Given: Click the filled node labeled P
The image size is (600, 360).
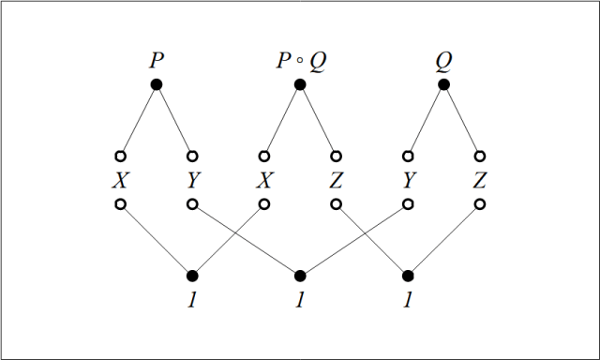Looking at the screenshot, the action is [157, 84].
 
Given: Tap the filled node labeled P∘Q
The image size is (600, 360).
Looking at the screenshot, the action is [300, 84].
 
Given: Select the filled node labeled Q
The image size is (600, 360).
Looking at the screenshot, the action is [443, 84].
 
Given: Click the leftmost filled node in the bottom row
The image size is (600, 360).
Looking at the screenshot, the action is [192, 276].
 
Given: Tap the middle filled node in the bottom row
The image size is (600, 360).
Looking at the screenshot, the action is [300, 276].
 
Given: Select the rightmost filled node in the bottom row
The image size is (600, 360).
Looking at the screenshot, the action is [408, 276].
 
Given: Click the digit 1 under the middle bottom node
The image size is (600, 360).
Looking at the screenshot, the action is [300, 301].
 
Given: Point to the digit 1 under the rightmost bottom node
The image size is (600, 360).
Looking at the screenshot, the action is [408, 301].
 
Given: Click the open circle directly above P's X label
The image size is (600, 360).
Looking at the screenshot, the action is [120, 156].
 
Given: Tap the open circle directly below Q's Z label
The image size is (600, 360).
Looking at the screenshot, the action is [479, 203].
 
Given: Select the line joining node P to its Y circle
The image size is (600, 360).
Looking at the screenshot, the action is [174, 120].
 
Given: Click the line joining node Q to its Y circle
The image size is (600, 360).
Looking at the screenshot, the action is [426, 120].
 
